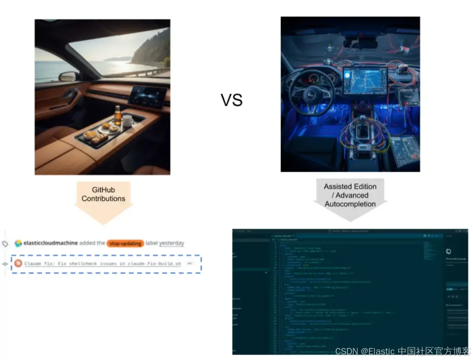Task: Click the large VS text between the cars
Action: coord(231,100)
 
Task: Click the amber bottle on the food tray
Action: coord(118,114)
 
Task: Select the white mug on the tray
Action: coord(127,121)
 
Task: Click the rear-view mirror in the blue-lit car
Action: coord(360,44)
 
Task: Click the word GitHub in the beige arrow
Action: coord(103,190)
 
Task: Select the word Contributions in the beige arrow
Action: coord(103,199)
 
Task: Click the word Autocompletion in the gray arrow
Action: coord(350,204)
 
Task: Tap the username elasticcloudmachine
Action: coord(51,243)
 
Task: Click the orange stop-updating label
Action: coord(125,243)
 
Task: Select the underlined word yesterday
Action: coord(171,243)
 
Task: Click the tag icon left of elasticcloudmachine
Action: coord(6,244)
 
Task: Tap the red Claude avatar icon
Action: coord(17,264)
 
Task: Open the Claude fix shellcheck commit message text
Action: coord(102,264)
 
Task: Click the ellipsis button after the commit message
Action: coord(189,264)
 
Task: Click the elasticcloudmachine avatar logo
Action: coord(18,243)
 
